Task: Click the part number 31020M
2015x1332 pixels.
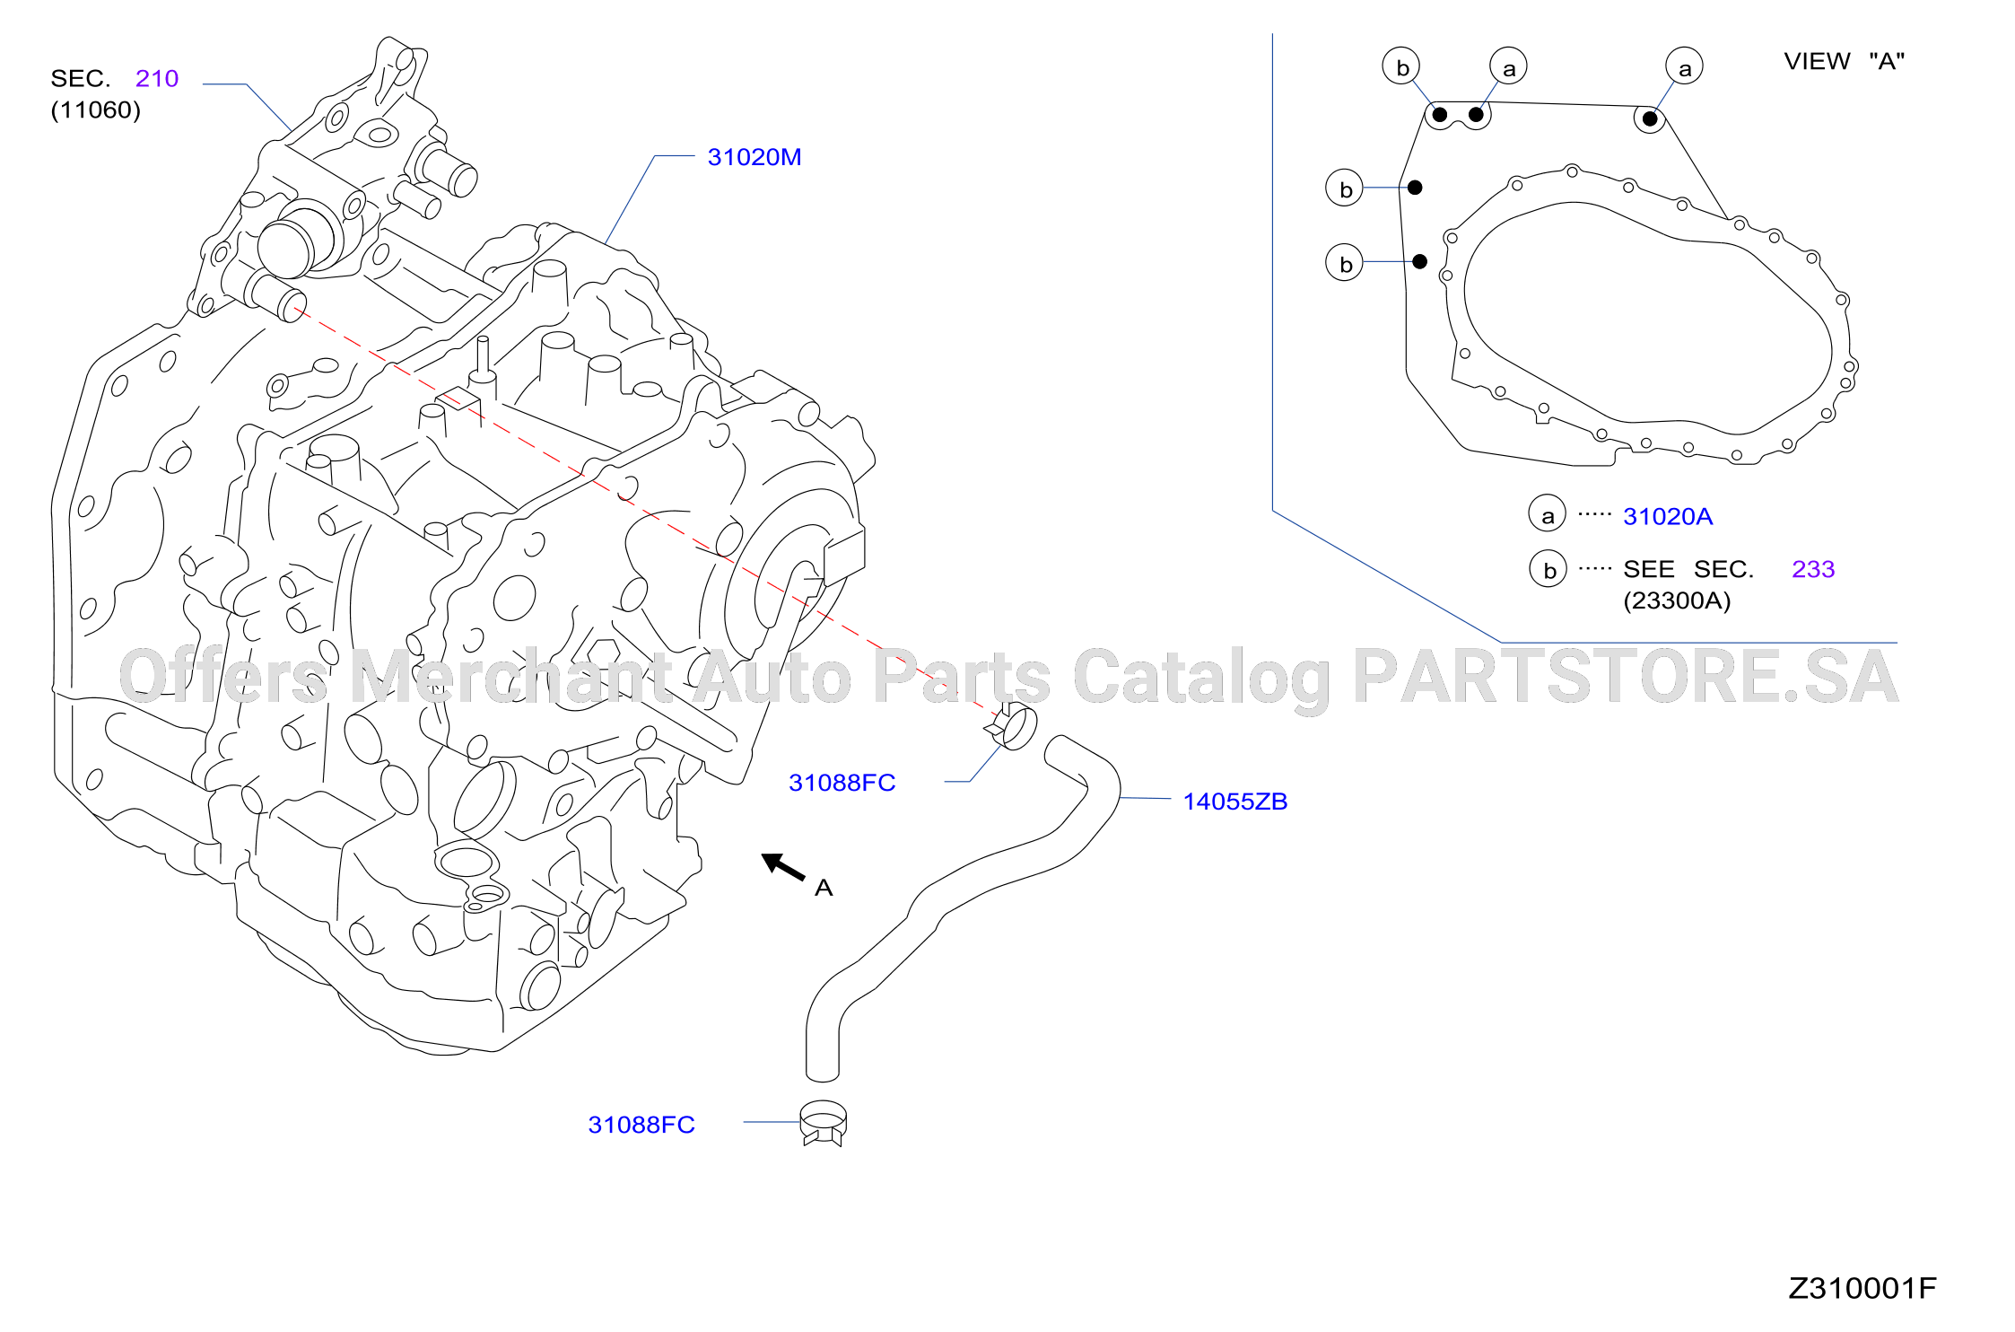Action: tap(754, 157)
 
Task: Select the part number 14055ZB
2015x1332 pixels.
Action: tap(1234, 802)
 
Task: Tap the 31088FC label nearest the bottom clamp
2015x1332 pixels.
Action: tap(641, 1125)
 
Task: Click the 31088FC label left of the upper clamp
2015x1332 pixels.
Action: tap(842, 783)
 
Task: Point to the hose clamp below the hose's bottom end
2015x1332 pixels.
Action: tap(823, 1123)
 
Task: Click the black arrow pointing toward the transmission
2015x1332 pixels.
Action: tap(782, 867)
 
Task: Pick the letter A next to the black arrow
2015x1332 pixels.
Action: tap(824, 888)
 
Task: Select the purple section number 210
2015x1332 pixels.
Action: tap(157, 79)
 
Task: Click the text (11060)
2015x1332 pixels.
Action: tap(96, 110)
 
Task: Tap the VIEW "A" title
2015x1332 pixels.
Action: tap(1844, 61)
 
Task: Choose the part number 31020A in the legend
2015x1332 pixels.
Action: tap(1668, 516)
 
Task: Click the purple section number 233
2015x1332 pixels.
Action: tap(1813, 569)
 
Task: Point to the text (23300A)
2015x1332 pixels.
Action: tap(1677, 600)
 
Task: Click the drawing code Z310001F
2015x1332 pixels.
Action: tap(1862, 1288)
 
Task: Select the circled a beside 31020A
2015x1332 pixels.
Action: tap(1548, 513)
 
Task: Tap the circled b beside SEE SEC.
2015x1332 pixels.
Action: tap(1548, 569)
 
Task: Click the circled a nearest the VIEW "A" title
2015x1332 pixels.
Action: tap(1685, 66)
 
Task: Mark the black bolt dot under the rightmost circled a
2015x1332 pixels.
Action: tap(1650, 118)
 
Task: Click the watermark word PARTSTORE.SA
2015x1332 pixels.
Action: tap(1626, 677)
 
